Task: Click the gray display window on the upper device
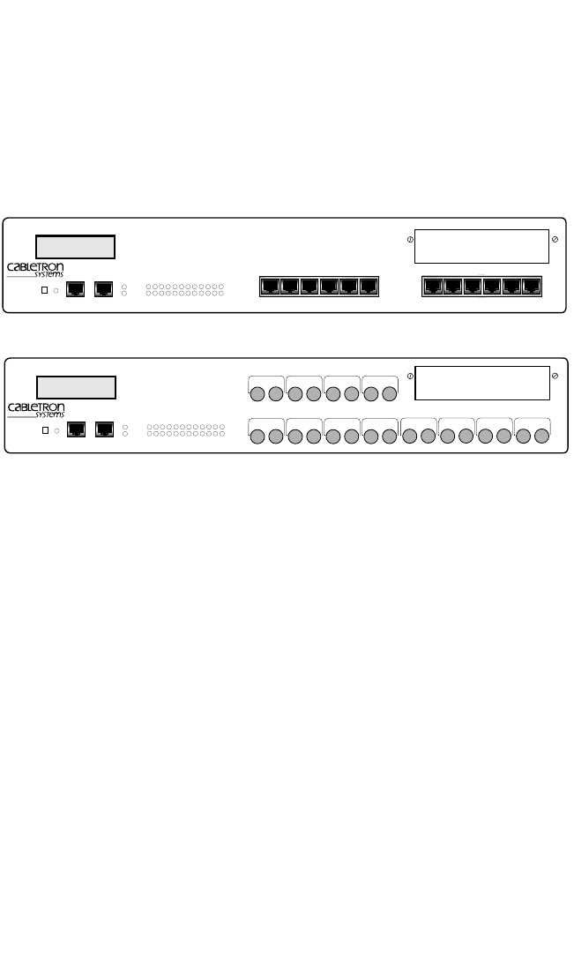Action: (75, 246)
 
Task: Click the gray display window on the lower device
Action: (76, 387)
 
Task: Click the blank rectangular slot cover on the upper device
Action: (481, 245)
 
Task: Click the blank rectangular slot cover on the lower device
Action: (481, 382)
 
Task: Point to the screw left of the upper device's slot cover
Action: (410, 240)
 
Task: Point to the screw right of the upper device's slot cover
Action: (554, 240)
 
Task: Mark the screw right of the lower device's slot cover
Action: (554, 377)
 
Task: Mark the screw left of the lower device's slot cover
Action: (410, 377)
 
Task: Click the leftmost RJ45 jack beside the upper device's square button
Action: (76, 287)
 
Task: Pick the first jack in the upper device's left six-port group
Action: (270, 286)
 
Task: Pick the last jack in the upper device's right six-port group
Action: (531, 286)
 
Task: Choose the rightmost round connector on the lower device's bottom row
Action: (541, 435)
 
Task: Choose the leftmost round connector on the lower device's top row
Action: (257, 393)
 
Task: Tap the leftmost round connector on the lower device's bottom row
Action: (257, 435)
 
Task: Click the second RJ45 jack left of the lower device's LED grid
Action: (104, 429)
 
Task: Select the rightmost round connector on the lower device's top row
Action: (390, 393)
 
